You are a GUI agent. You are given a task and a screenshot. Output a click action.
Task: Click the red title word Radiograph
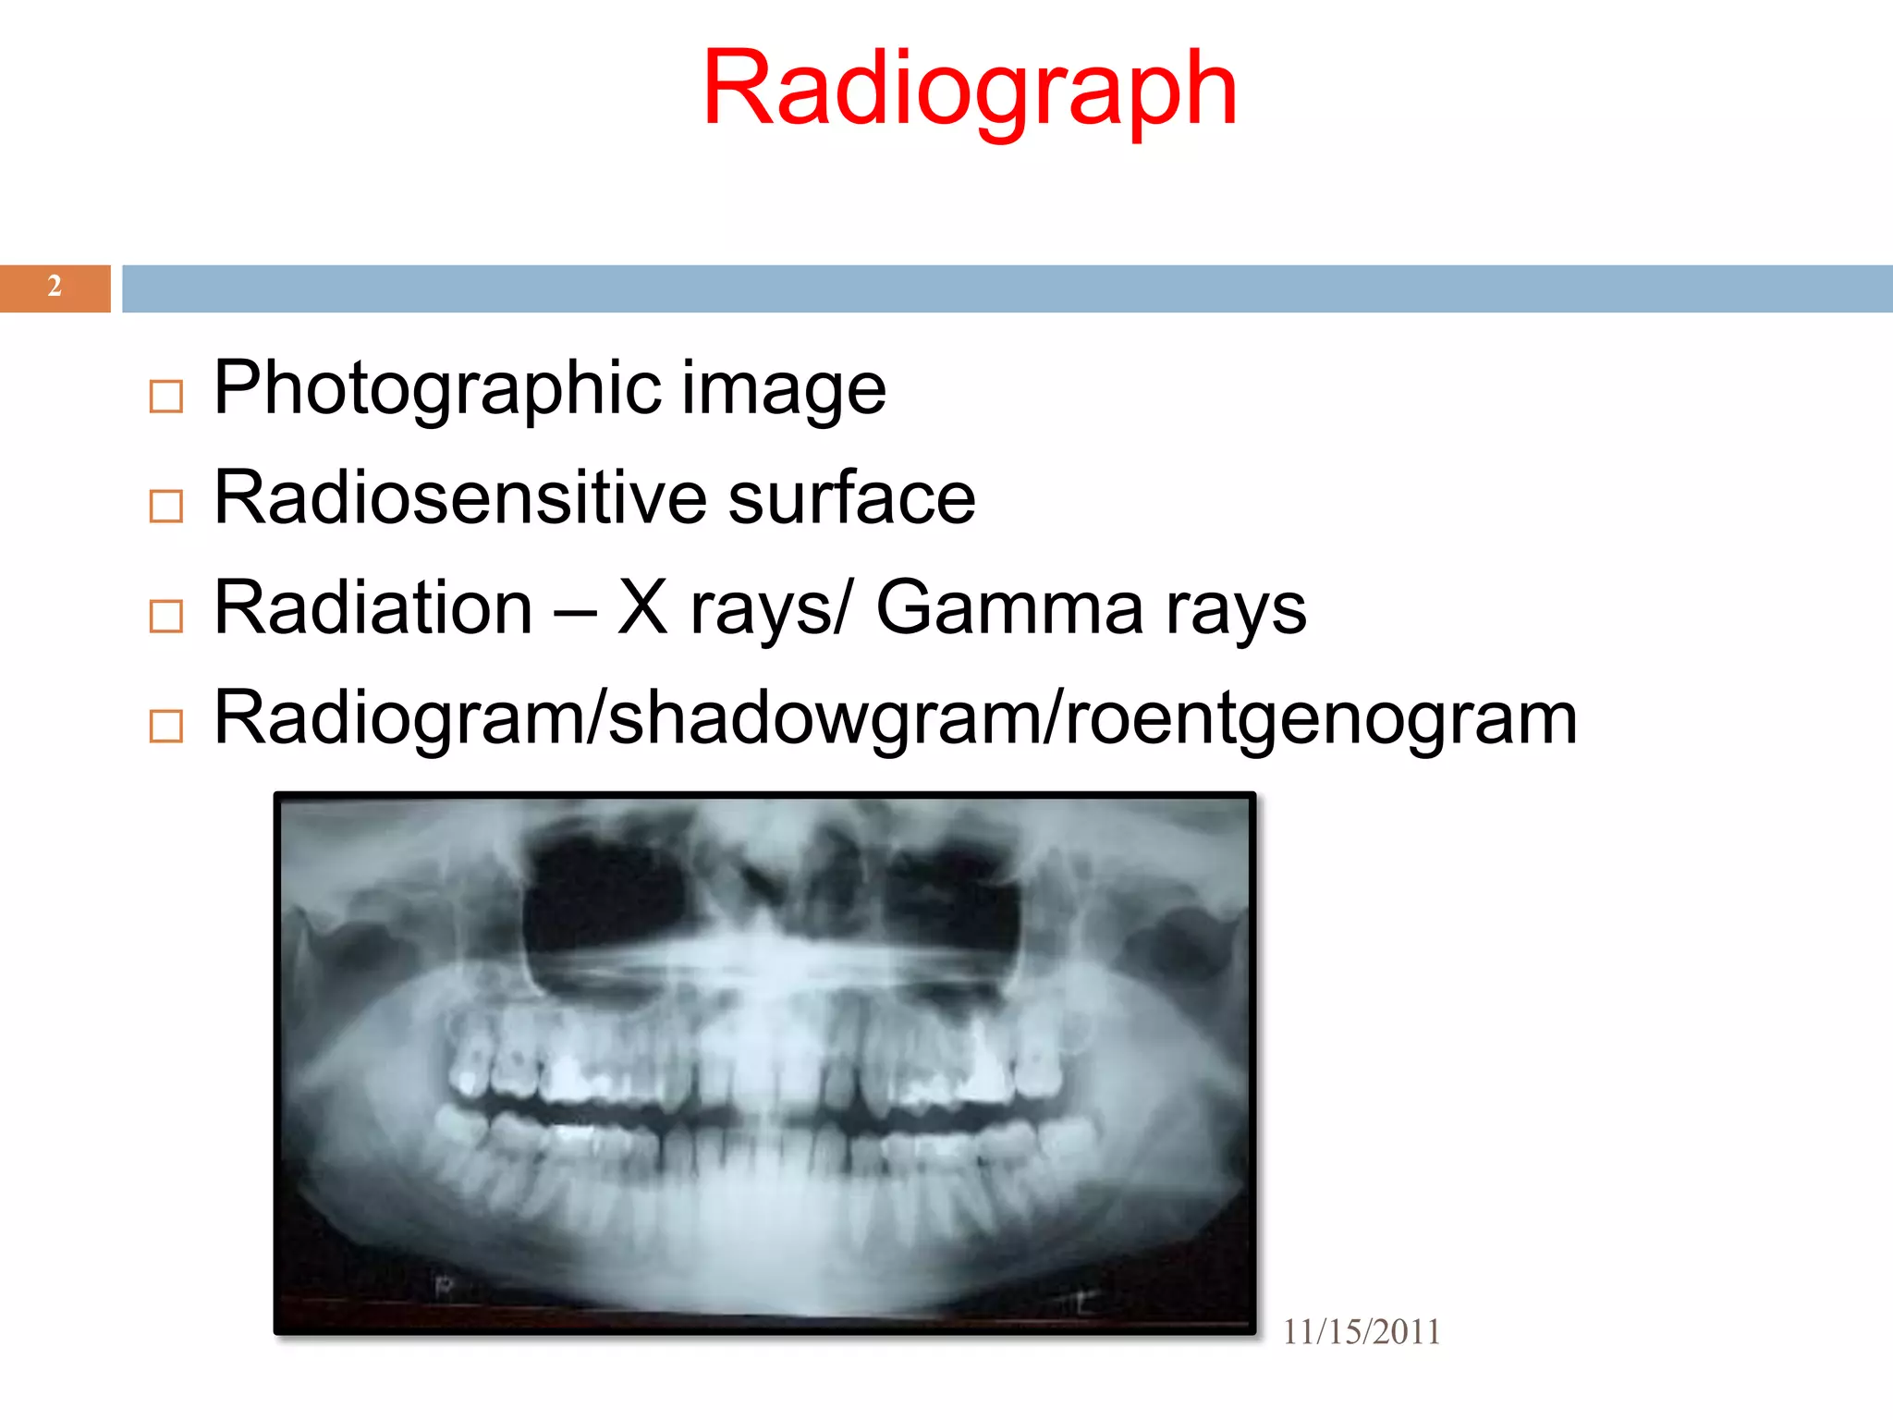(969, 90)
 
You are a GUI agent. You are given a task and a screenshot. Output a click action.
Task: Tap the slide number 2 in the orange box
(55, 287)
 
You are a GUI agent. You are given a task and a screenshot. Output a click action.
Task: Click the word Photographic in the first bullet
(437, 388)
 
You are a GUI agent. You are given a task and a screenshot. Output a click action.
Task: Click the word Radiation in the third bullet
(373, 607)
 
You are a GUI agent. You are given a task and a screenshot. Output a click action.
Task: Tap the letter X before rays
(642, 607)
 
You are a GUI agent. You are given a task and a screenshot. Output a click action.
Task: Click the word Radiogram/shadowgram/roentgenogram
(895, 718)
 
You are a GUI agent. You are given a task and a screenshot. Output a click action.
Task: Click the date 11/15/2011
(1361, 1332)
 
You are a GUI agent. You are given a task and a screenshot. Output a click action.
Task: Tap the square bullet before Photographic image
(166, 397)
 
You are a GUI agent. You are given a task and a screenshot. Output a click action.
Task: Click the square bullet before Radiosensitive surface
(166, 506)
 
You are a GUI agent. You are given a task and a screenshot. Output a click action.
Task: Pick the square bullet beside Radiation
(166, 616)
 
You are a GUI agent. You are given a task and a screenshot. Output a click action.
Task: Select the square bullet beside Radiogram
(166, 726)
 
